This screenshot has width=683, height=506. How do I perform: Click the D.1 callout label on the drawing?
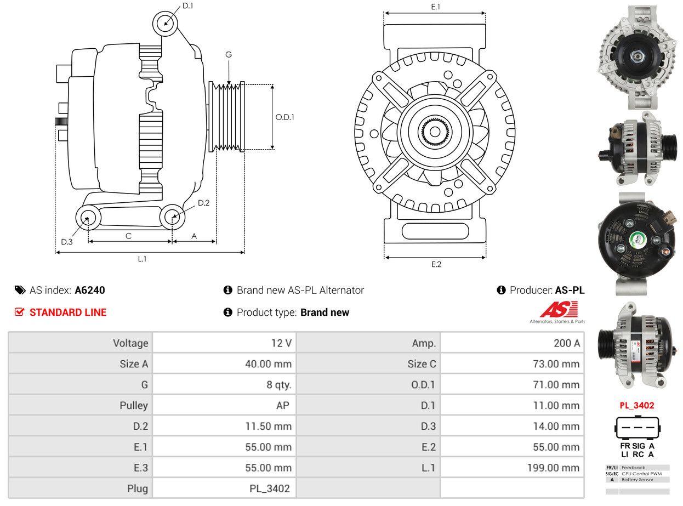187,5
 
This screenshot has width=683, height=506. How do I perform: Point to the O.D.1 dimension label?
284,117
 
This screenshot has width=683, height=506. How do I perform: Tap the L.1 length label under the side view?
142,259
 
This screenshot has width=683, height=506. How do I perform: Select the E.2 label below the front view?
436,264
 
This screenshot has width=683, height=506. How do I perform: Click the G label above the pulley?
229,54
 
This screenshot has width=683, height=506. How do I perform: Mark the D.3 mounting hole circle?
88,218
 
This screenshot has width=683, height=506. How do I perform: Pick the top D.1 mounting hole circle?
166,24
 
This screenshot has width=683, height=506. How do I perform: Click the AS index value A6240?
89,290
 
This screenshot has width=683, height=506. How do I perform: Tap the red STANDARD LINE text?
68,312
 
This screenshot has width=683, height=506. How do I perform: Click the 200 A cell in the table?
567,343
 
